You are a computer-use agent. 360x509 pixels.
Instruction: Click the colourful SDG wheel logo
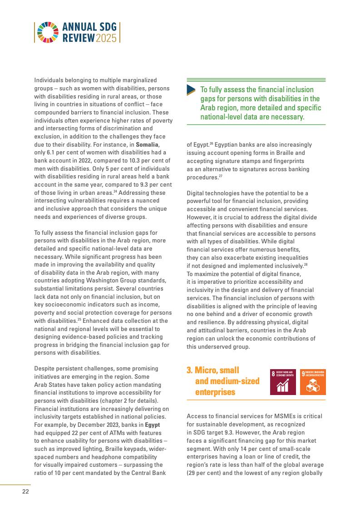(x=44, y=32)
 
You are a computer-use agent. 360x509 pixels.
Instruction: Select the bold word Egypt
(x=152, y=425)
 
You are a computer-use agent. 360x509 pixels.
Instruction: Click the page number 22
(x=26, y=491)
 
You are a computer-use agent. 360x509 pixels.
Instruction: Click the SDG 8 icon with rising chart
(x=283, y=381)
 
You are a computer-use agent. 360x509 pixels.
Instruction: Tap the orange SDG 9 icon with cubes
(x=313, y=381)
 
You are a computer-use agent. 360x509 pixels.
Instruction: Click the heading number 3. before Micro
(x=190, y=371)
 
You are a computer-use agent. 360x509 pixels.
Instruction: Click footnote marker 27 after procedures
(x=221, y=176)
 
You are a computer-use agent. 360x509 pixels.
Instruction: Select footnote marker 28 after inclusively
(x=306, y=264)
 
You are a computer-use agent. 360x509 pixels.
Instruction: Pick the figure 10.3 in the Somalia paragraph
(x=123, y=160)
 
